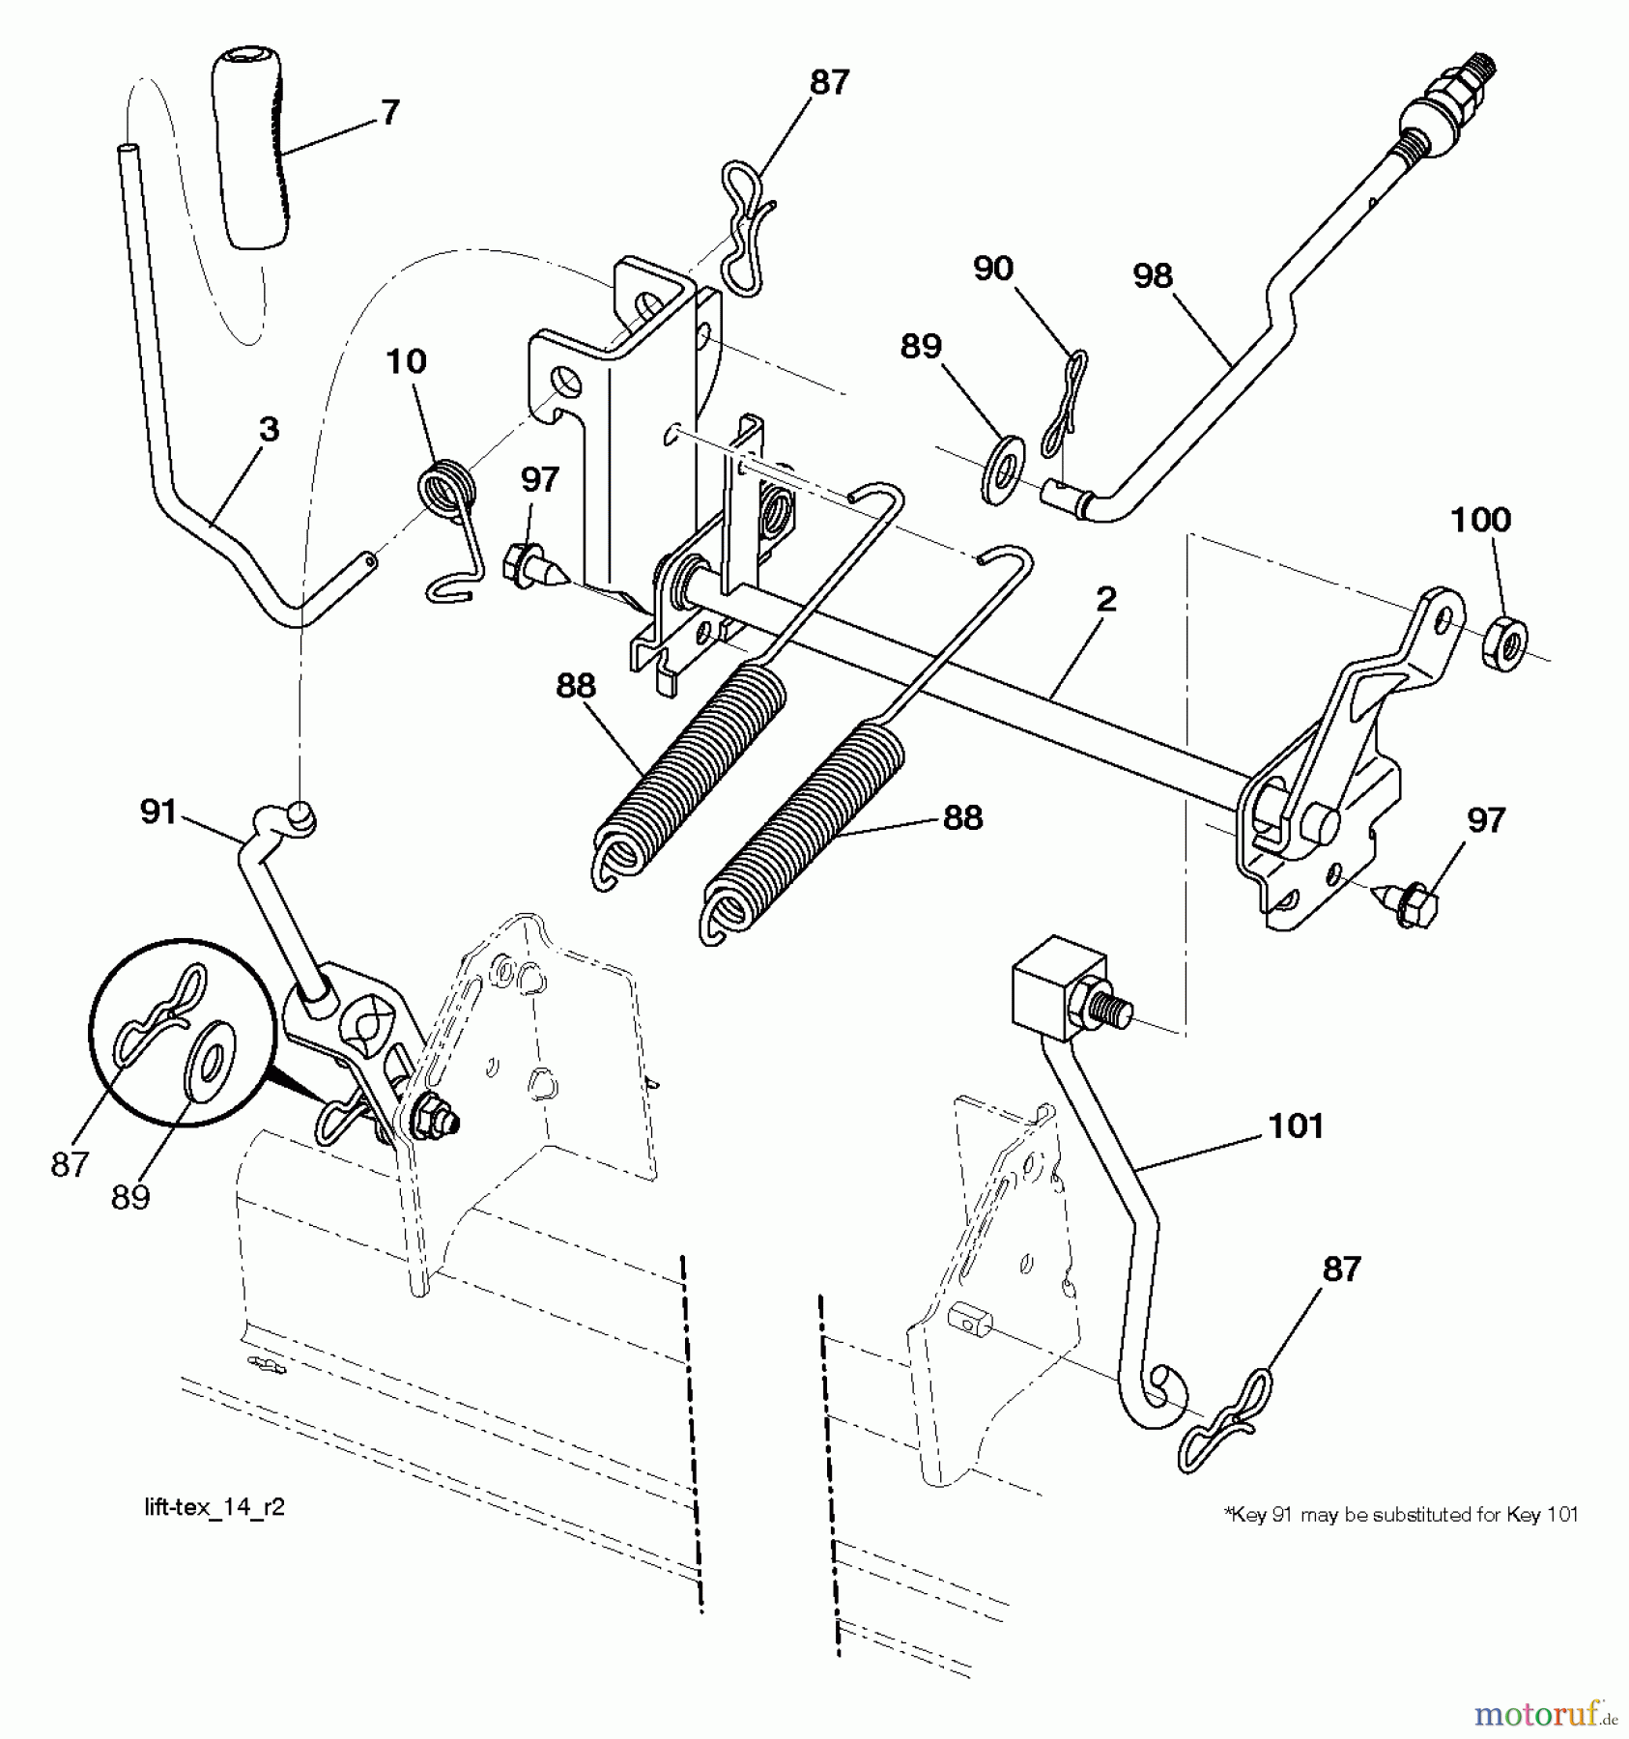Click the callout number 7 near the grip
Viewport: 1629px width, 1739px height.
click(389, 113)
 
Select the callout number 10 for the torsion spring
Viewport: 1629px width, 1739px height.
click(406, 361)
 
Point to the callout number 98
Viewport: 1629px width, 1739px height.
click(1153, 276)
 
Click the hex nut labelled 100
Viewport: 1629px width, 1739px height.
click(1503, 643)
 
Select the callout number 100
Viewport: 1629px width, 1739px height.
click(1480, 520)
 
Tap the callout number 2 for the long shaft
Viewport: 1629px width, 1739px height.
click(1106, 599)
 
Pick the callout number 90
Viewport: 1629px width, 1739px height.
click(992, 269)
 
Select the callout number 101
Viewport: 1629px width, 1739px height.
click(1296, 1126)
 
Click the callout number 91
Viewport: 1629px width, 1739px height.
click(158, 812)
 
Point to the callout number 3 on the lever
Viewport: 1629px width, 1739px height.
click(270, 429)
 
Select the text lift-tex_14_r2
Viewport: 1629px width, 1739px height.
click(214, 1508)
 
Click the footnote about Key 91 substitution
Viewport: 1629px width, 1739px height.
click(1401, 1515)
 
